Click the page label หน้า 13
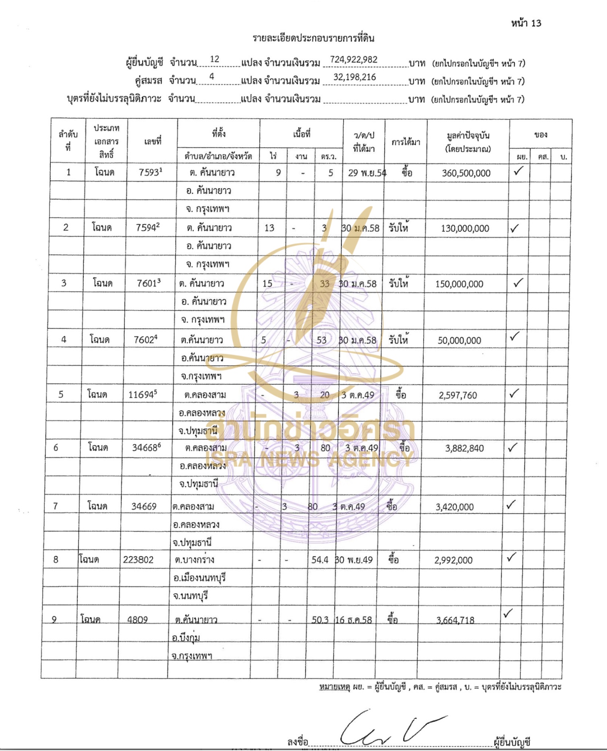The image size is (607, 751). point(526,23)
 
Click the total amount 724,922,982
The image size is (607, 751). point(353,60)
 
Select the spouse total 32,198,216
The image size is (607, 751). point(354,77)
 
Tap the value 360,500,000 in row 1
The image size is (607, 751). point(466,173)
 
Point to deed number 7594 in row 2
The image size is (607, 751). point(147,228)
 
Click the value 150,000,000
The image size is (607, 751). point(459,284)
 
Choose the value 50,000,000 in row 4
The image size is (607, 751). point(459,341)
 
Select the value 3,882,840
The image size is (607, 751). point(464,448)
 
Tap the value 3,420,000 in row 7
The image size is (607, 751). point(454,507)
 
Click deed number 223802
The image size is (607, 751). point(138,560)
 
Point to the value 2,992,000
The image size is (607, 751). point(453,560)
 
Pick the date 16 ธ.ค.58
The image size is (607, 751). point(354,620)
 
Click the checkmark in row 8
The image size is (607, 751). point(511,558)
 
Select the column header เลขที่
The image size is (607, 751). point(153,141)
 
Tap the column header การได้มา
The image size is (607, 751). point(406,142)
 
